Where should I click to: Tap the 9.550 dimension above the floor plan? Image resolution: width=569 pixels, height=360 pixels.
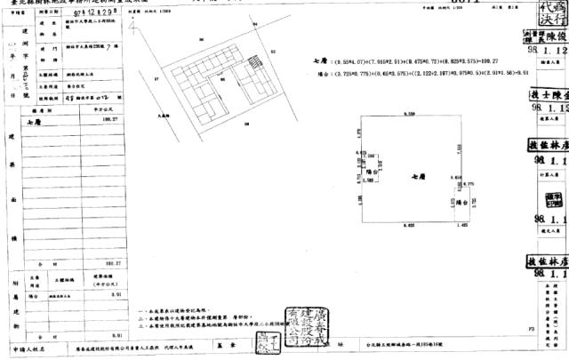(411, 115)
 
